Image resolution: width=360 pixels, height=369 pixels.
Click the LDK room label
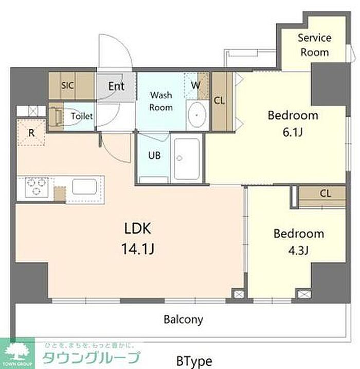tap(137, 228)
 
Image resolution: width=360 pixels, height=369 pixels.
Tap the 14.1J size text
tap(138, 249)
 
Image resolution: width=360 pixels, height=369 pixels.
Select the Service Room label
tap(315, 45)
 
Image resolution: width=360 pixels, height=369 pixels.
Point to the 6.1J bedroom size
tap(293, 132)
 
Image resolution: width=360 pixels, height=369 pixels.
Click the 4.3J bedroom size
tap(298, 251)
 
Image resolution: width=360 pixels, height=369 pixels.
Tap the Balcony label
tap(184, 320)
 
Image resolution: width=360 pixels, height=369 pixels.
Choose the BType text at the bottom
tap(194, 361)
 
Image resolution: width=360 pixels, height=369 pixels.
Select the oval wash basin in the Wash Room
tap(196, 115)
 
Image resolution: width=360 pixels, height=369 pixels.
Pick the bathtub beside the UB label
tap(187, 159)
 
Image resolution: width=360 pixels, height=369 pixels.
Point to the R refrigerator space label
tap(31, 133)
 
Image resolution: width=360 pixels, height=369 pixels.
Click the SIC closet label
tap(67, 85)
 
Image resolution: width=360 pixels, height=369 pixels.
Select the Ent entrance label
tap(116, 86)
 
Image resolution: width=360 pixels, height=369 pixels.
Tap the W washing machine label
tap(195, 85)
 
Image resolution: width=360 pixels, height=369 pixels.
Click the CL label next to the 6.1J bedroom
tap(219, 101)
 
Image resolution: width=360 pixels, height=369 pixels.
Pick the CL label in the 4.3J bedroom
tap(325, 194)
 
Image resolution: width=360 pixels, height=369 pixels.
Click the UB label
tap(154, 155)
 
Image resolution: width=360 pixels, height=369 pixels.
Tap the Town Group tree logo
tap(17, 353)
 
